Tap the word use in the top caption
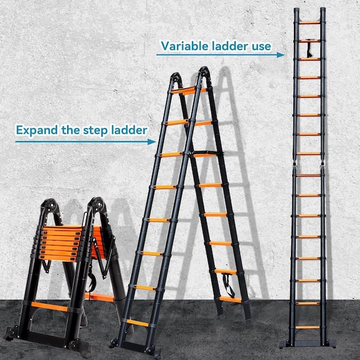click(x=261, y=47)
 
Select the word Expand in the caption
click(x=37, y=130)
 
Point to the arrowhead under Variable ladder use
click(x=281, y=55)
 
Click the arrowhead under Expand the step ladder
click(x=152, y=142)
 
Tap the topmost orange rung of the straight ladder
click(x=310, y=23)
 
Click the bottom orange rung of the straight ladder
click(x=307, y=327)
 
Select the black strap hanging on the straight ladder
click(x=309, y=50)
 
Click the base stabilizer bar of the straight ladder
click(x=307, y=344)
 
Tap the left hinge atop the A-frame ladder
click(x=176, y=77)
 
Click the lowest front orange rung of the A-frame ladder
click(x=138, y=323)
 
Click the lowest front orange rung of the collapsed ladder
click(x=49, y=307)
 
